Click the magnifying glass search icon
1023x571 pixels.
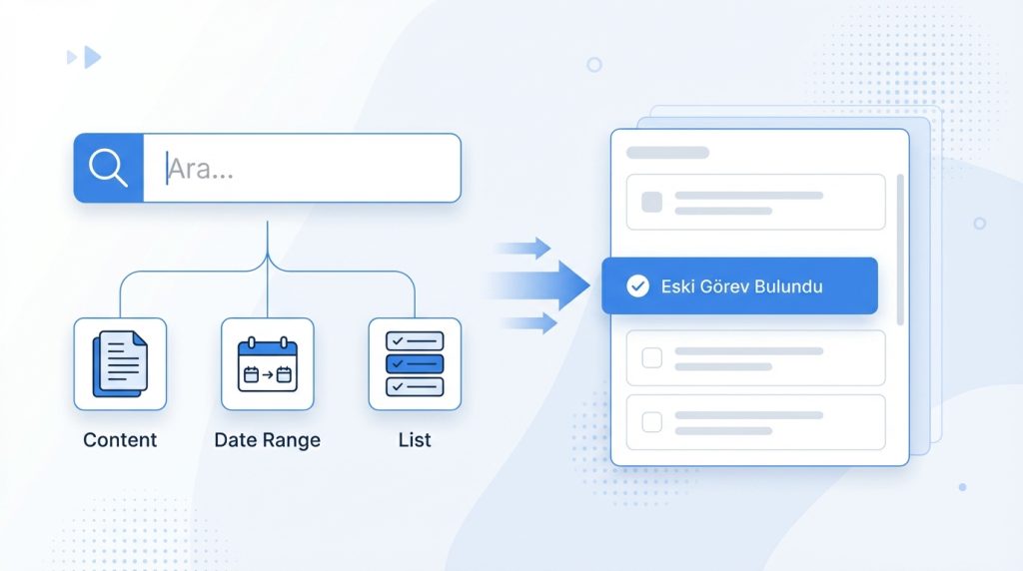[x=108, y=168]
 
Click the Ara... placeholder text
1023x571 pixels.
[x=200, y=169]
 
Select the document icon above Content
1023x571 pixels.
[x=120, y=363]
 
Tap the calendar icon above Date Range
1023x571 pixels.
[x=268, y=364]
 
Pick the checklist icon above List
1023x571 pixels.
[x=415, y=363]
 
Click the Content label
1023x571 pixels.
[x=120, y=440]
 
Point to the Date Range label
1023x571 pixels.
[x=268, y=440]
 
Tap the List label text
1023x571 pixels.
[x=415, y=440]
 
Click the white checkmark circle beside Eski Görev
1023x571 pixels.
[x=637, y=286]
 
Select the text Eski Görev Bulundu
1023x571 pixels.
[x=742, y=286]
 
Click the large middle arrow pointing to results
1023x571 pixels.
[x=540, y=285]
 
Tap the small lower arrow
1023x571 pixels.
[x=529, y=323]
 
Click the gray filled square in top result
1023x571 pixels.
[x=651, y=202]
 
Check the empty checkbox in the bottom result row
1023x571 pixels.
[x=651, y=422]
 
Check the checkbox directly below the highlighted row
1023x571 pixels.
[x=651, y=357]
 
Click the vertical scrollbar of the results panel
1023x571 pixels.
[x=900, y=250]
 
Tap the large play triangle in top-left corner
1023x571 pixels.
[x=93, y=57]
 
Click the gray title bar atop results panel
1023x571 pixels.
[x=667, y=153]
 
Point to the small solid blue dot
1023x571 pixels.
[x=962, y=487]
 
